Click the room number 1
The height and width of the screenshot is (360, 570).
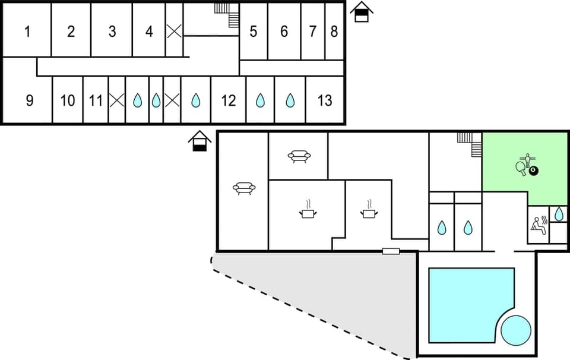[x=27, y=31]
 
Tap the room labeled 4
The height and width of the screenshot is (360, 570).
[x=149, y=31]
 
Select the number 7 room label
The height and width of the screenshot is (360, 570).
[x=313, y=31]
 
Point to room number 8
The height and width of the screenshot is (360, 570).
[x=334, y=31]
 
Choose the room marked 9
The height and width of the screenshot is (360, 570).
[x=30, y=100]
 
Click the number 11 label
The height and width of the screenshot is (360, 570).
[x=96, y=100]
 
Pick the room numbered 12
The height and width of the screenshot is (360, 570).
[x=229, y=100]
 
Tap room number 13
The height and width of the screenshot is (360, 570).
[x=325, y=100]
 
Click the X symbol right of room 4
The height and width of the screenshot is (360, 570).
[x=174, y=31]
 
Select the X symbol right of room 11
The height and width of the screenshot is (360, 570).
[x=117, y=100]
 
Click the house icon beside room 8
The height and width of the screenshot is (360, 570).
[x=361, y=12]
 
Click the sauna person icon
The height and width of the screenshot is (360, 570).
[x=538, y=225]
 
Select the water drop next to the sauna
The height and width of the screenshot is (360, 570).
[x=559, y=213]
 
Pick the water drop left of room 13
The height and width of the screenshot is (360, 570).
[x=290, y=100]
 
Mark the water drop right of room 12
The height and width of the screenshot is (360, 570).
[x=260, y=100]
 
